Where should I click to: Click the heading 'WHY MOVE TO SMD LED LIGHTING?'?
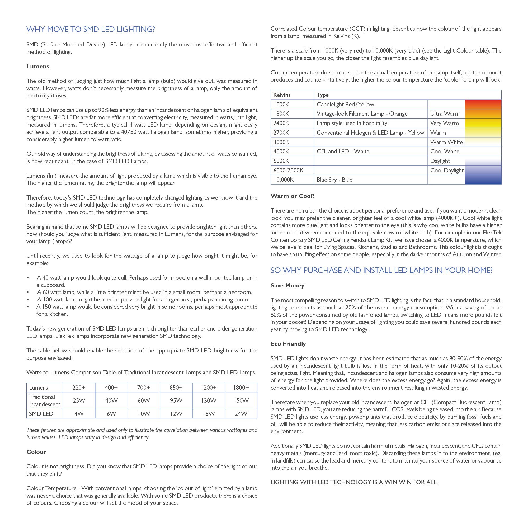[x=91, y=29]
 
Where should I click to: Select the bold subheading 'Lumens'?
[x=38, y=67]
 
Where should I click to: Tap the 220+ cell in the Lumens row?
[x=79, y=388]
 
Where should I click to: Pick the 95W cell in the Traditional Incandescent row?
[x=176, y=401]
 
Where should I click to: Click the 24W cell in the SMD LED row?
[x=241, y=414]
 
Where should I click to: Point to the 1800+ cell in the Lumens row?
[x=241, y=388]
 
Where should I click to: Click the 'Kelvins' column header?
[x=282, y=95]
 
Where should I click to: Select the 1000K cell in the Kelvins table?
[x=281, y=104]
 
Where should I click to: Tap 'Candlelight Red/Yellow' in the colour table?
[x=345, y=104]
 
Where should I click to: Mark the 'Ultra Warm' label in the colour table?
[x=445, y=114]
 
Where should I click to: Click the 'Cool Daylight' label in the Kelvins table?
[x=447, y=171]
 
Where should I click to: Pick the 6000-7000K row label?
[x=288, y=171]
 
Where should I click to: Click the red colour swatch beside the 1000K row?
[x=483, y=104]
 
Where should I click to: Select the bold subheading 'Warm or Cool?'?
[x=293, y=196]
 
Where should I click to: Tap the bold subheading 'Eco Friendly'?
[x=288, y=344]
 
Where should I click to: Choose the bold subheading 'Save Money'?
[x=287, y=286]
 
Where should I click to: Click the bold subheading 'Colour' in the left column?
[x=36, y=452]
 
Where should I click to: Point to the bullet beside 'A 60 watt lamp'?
[x=28, y=293]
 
